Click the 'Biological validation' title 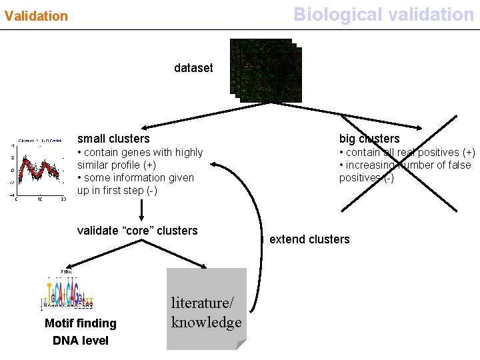(x=383, y=14)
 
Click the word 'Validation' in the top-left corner (x=36, y=15)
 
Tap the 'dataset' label (x=193, y=68)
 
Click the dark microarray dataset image (x=265, y=71)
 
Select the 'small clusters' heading (x=113, y=139)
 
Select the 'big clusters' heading (x=369, y=139)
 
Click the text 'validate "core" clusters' (x=137, y=231)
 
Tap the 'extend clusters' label (x=309, y=239)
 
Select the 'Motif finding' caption (x=80, y=323)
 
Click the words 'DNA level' (x=80, y=341)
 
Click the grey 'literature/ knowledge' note (x=206, y=309)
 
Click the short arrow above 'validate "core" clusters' (x=141, y=211)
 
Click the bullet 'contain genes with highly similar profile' (x=140, y=159)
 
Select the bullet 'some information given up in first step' (x=135, y=184)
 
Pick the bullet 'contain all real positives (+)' (x=407, y=153)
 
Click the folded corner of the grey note (x=241, y=344)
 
